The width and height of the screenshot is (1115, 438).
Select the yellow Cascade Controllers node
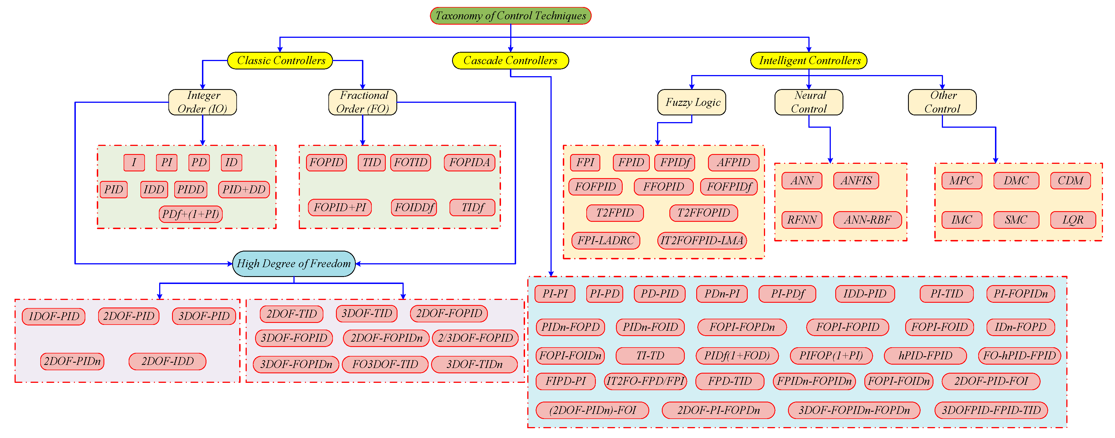[x=510, y=60]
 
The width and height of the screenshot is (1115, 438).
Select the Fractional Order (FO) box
[x=363, y=102]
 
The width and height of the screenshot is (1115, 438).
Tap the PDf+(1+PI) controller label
[x=190, y=214]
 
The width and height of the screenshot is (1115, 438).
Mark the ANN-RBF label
[x=867, y=220]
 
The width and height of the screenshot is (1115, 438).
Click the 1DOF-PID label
[x=54, y=316]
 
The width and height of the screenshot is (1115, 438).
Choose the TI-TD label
[x=650, y=356]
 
